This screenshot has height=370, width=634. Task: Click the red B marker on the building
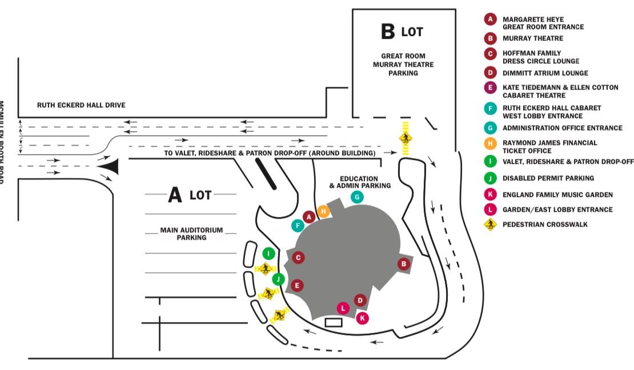pyautogui.click(x=404, y=264)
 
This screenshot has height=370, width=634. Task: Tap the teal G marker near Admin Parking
pyautogui.click(x=357, y=197)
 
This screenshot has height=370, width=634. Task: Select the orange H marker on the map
pyautogui.click(x=324, y=211)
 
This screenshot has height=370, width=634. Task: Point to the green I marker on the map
pyautogui.click(x=268, y=253)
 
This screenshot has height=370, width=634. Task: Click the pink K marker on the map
pyautogui.click(x=362, y=318)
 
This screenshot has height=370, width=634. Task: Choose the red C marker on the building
pyautogui.click(x=298, y=258)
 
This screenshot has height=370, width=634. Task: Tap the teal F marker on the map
pyautogui.click(x=297, y=226)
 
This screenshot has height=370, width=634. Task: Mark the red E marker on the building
pyautogui.click(x=297, y=285)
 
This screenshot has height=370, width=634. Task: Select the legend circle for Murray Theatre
pyautogui.click(x=490, y=39)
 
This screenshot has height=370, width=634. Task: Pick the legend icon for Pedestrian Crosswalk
pyautogui.click(x=490, y=224)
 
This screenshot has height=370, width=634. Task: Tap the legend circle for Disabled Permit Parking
pyautogui.click(x=490, y=178)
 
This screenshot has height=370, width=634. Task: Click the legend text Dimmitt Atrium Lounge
pyautogui.click(x=545, y=73)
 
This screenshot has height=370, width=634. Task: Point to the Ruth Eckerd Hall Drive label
pyautogui.click(x=81, y=105)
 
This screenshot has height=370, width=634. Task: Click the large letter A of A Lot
pyautogui.click(x=175, y=196)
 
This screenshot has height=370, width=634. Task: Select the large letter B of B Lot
pyautogui.click(x=388, y=33)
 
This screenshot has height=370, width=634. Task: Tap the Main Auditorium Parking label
pyautogui.click(x=191, y=234)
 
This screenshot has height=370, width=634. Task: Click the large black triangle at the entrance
pyautogui.click(x=109, y=166)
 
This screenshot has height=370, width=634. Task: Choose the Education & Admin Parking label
pyautogui.click(x=360, y=182)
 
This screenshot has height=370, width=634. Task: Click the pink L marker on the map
pyautogui.click(x=343, y=308)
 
